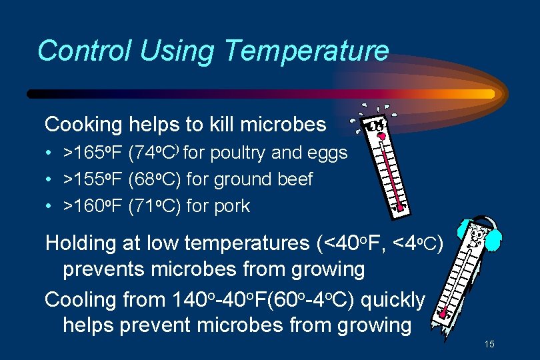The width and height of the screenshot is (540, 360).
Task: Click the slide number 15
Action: (489, 345)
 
